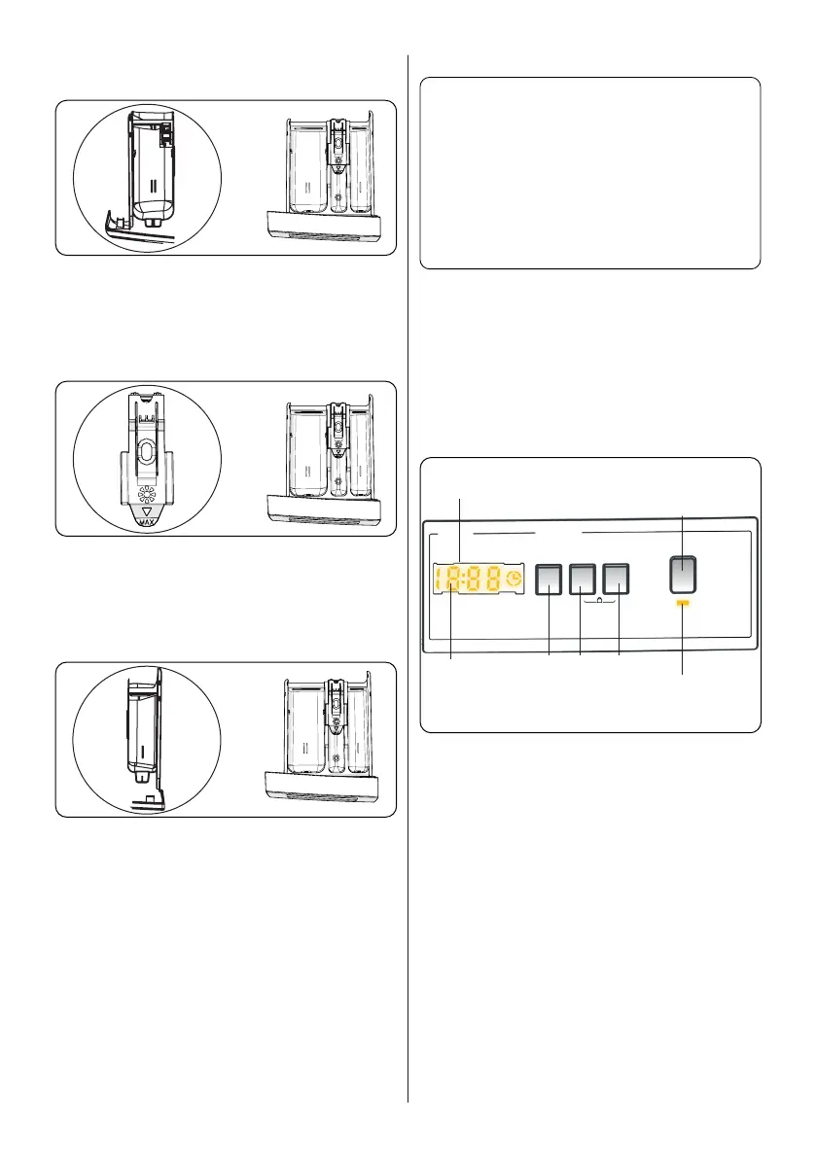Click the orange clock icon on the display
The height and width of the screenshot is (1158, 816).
pyautogui.click(x=513, y=580)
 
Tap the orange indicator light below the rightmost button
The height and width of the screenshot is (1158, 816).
pyautogui.click(x=683, y=604)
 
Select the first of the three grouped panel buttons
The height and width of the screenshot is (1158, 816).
pyautogui.click(x=550, y=580)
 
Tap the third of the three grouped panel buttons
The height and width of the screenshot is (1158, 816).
pyautogui.click(x=617, y=580)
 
